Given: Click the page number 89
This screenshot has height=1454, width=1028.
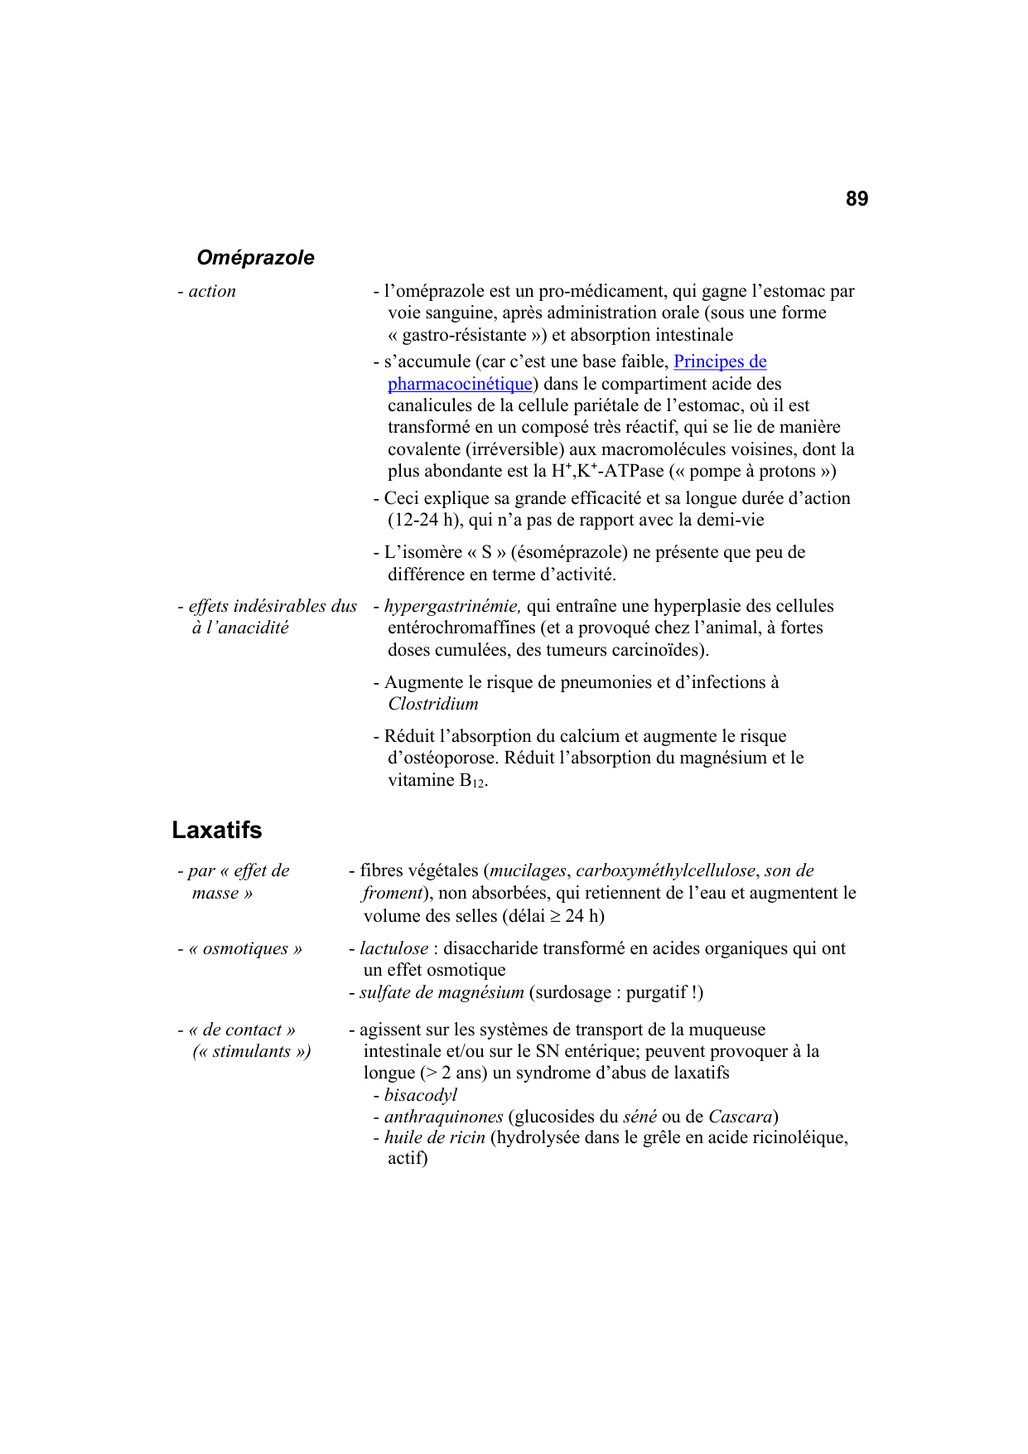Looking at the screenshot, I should [x=857, y=199].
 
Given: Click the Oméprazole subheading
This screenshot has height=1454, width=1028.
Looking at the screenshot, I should [x=255, y=258].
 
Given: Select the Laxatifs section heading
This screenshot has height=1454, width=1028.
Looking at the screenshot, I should [x=217, y=830].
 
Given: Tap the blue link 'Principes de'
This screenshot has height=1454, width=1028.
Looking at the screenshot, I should [x=720, y=361].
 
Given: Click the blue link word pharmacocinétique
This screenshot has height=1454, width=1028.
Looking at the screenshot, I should [x=460, y=384].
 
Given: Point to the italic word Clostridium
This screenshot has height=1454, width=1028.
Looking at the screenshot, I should [x=433, y=704].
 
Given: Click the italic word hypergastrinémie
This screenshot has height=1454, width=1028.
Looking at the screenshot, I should [x=452, y=606].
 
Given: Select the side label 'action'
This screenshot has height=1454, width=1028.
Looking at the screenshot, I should [x=212, y=291].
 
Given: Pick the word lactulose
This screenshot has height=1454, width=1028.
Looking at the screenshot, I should [x=393, y=948].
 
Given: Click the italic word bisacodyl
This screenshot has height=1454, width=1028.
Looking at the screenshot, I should [x=421, y=1095].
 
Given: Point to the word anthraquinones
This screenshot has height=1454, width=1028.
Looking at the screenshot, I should [x=443, y=1117].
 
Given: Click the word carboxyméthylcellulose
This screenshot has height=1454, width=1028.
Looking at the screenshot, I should [x=665, y=870].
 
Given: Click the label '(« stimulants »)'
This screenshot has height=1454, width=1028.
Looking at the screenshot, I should [x=252, y=1051].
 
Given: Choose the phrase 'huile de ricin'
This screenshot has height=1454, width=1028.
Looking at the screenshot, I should [x=434, y=1137].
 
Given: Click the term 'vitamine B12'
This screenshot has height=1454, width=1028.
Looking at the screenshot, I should [x=437, y=780].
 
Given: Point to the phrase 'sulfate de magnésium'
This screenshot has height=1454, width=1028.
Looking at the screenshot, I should [x=442, y=992].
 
